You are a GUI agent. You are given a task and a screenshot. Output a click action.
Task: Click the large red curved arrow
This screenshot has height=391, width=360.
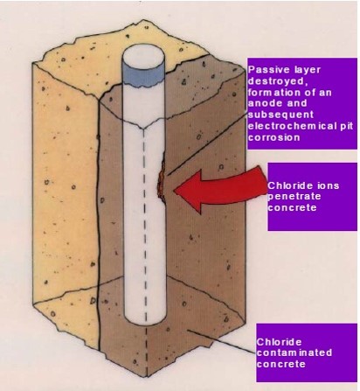click(x=221, y=189)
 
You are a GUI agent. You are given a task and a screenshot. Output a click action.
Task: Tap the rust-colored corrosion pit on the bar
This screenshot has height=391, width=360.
click(x=162, y=181)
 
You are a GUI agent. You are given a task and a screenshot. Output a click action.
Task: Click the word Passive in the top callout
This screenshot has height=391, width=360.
click(x=265, y=70)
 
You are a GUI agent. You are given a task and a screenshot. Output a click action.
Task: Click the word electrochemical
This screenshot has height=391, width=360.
click(x=292, y=126)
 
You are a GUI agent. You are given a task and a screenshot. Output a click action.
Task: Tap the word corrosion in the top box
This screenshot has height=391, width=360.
click(x=273, y=137)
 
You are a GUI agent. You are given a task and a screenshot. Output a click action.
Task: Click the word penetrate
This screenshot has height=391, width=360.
click(x=294, y=197)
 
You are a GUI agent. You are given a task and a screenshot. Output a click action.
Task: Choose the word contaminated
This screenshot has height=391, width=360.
click(x=294, y=353)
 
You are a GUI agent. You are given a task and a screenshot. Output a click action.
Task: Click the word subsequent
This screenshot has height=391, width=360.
click(x=280, y=115)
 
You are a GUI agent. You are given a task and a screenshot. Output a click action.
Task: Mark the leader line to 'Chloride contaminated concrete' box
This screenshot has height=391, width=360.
click(x=221, y=342)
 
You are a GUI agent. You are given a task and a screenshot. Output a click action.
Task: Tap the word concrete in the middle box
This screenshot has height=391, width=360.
click(x=292, y=207)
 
